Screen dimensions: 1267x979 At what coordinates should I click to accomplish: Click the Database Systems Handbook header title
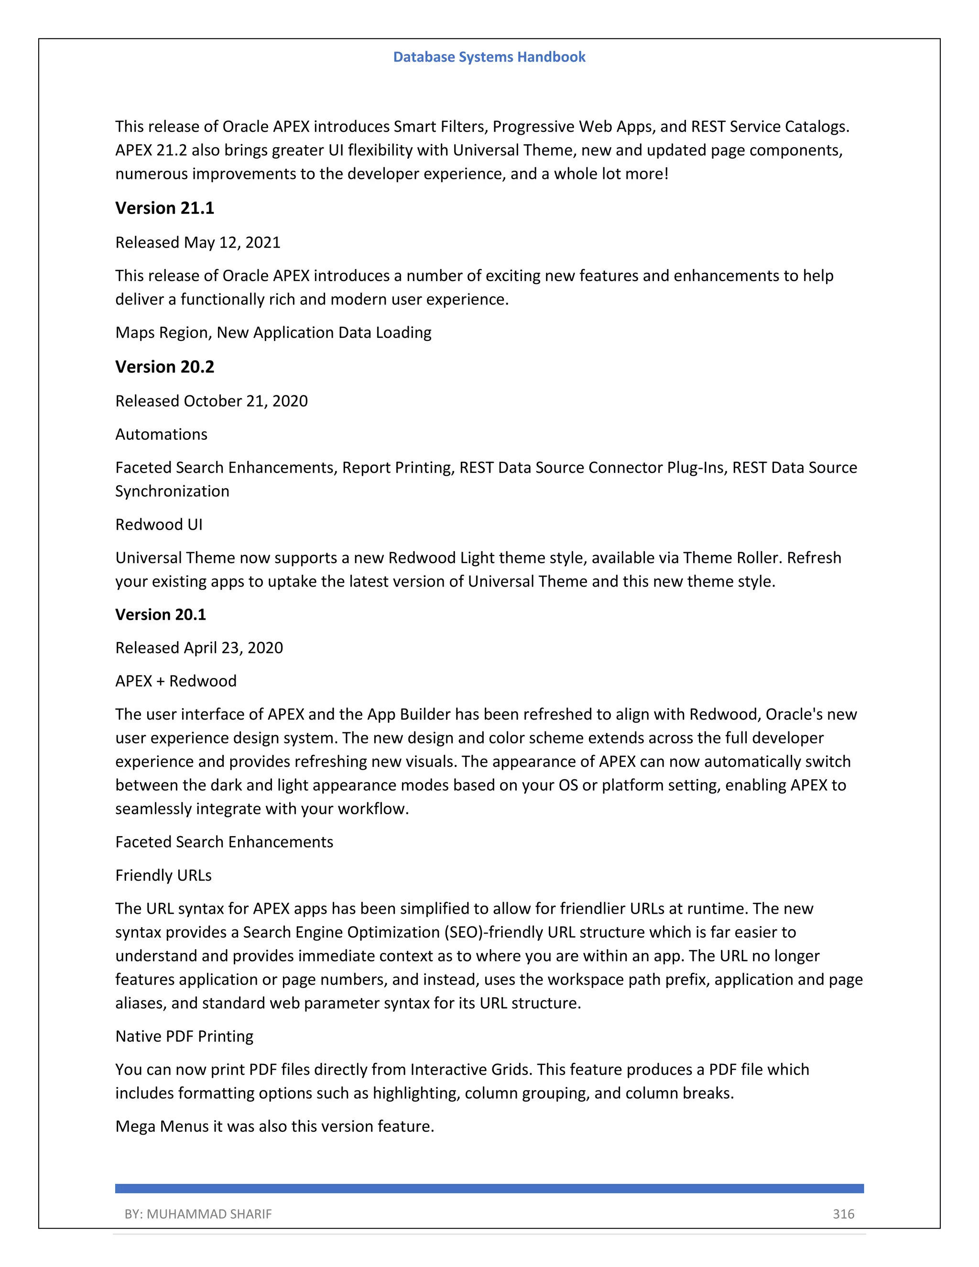tap(489, 57)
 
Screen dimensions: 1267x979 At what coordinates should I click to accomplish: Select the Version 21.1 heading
tap(165, 208)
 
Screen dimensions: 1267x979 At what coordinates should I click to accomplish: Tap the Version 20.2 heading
tap(165, 367)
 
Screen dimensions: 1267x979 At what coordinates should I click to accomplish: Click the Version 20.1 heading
tap(161, 615)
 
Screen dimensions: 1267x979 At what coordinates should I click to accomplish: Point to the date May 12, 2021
tap(232, 242)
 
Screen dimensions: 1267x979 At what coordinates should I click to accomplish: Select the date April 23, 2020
tap(233, 648)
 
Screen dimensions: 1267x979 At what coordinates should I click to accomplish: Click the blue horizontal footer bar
tap(489, 1189)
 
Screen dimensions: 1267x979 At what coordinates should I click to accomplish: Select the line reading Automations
tap(161, 435)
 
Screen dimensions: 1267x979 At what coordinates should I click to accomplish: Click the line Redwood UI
tap(159, 524)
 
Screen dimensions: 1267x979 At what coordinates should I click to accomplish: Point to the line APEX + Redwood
tap(176, 681)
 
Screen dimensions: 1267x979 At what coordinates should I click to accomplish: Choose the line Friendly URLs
tap(163, 875)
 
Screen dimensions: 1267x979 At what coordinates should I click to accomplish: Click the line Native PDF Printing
tap(185, 1036)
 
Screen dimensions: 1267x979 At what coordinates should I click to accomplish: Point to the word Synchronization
tap(172, 492)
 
